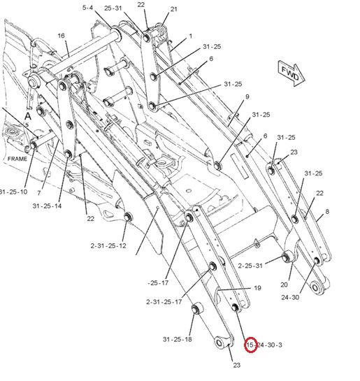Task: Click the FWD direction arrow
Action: (x=291, y=73)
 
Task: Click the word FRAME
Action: (x=17, y=159)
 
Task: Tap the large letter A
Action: (x=28, y=116)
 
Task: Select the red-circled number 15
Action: (x=250, y=345)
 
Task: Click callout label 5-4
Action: (x=87, y=8)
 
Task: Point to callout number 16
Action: (x=61, y=36)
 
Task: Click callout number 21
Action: (x=173, y=9)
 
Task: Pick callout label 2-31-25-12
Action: (x=108, y=245)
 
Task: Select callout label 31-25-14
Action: (x=47, y=206)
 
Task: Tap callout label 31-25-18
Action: (x=178, y=339)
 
